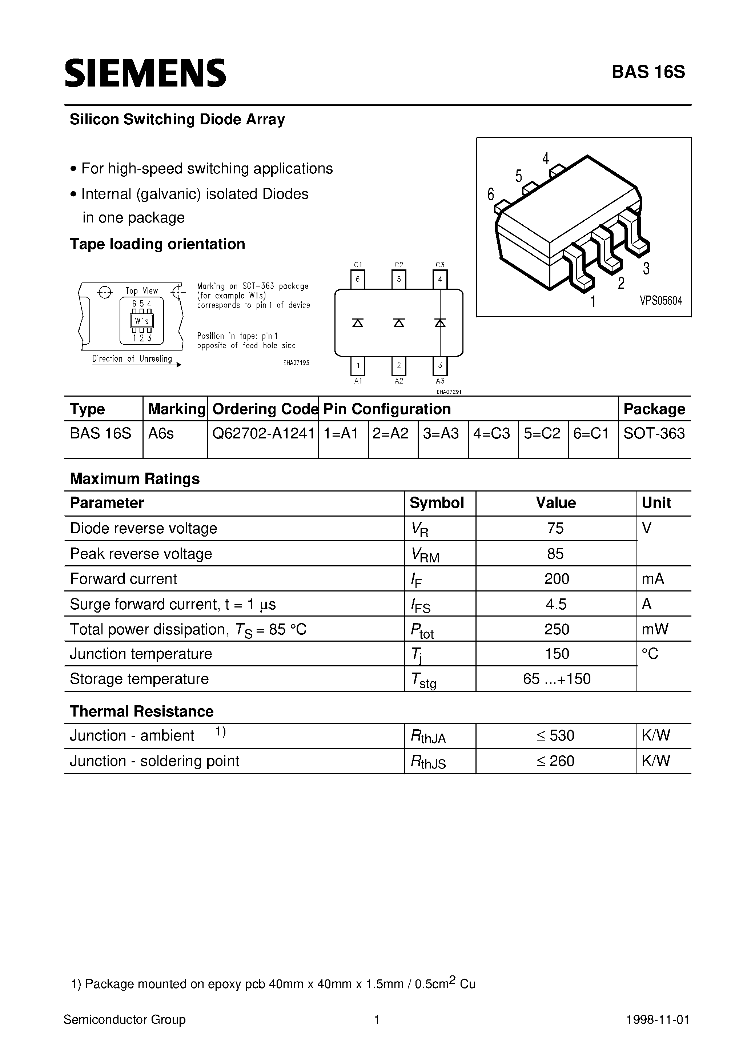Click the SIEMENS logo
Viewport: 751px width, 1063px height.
(145, 73)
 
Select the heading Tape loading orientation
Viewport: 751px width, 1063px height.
(157, 244)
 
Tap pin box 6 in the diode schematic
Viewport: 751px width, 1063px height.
(357, 279)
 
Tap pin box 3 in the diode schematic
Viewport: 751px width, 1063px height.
(440, 365)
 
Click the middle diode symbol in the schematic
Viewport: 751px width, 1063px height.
(399, 323)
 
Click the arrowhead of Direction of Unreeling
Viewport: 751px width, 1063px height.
(179, 365)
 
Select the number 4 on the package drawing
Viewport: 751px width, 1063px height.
(545, 159)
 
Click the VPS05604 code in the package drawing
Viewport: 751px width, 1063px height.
(661, 301)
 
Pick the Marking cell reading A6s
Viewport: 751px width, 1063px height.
(161, 433)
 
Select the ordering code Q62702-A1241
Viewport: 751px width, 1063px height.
(263, 433)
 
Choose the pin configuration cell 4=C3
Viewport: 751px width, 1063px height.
(492, 433)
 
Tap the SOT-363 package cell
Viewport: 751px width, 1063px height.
(654, 433)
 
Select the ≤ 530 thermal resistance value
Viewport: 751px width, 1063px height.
(555, 736)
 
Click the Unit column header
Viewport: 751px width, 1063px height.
(656, 503)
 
